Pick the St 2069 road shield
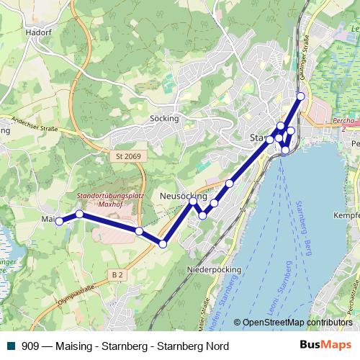[x=129, y=156]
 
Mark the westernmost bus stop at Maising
[x=59, y=222]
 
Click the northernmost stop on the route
[x=301, y=96]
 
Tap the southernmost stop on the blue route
[x=163, y=245]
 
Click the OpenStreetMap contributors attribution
[x=297, y=323]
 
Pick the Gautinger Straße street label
[x=305, y=53]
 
